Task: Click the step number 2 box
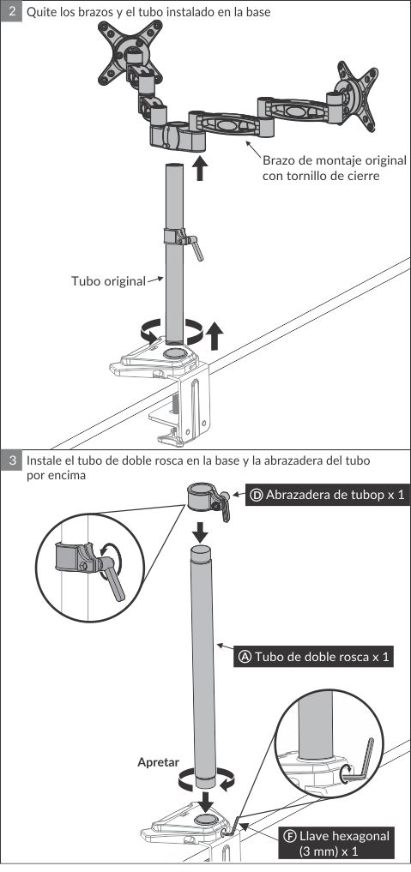pos(11,10)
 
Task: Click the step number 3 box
pos(11,460)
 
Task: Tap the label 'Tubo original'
pos(108,281)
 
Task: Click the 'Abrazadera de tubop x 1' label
pos(327,495)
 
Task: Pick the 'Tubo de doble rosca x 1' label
pos(313,657)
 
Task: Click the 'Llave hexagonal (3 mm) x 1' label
pos(335,843)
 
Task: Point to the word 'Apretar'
pos(159,762)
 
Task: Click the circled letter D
pos(257,495)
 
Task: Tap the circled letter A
pos(245,658)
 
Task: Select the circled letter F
pos(289,836)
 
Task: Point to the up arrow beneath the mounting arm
pos(200,169)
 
